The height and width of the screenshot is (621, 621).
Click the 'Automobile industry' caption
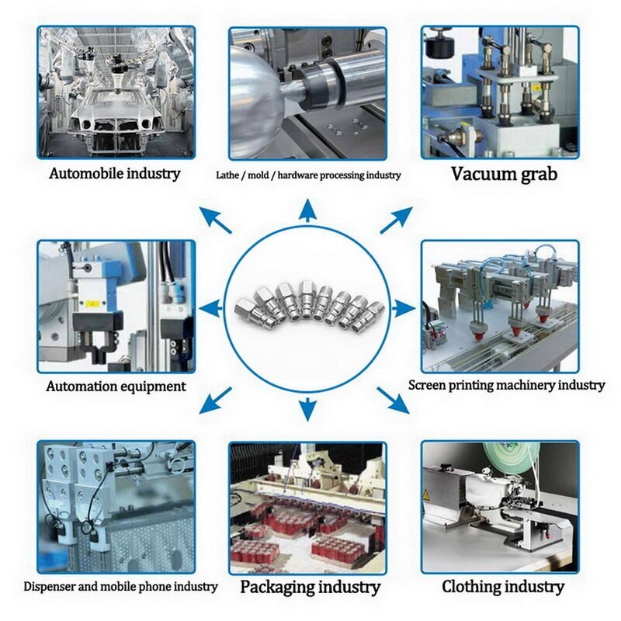pos(115,173)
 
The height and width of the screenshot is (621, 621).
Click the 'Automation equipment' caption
pos(116,386)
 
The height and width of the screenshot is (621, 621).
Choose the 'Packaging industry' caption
pos(310,587)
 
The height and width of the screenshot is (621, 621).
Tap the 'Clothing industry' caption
pos(503,586)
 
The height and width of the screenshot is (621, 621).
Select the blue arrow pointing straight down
pos(309,408)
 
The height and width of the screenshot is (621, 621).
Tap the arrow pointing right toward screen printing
pos(404,308)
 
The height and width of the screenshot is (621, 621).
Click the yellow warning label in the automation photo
pos(92,301)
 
